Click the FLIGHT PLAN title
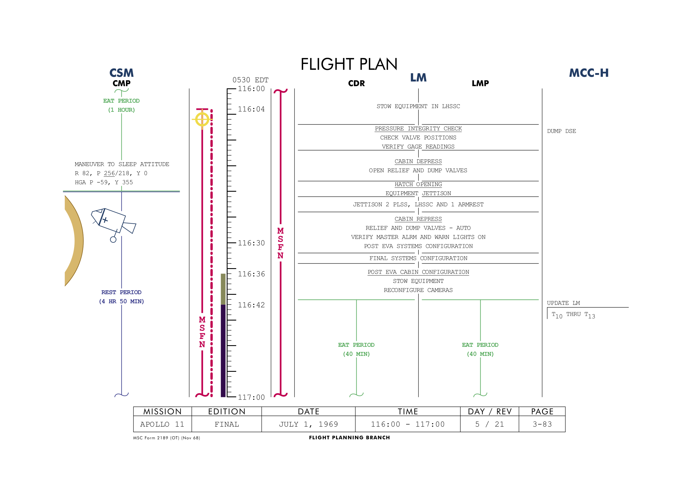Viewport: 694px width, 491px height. click(x=349, y=64)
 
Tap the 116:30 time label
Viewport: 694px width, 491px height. click(x=251, y=243)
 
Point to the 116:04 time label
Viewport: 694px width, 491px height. click(x=251, y=109)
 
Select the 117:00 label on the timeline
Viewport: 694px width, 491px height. click(x=251, y=397)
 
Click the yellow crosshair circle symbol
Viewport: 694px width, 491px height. click(x=202, y=119)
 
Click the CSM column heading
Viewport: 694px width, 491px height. click(x=121, y=73)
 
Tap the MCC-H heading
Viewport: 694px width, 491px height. click(x=588, y=73)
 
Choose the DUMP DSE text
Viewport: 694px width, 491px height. click(x=561, y=131)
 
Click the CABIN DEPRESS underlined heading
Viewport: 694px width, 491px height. click(x=418, y=161)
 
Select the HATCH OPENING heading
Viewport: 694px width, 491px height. click(x=418, y=184)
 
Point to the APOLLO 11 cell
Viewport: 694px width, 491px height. click(x=162, y=424)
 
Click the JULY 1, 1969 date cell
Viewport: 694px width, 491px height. click(x=308, y=424)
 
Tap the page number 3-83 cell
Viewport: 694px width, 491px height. click(x=542, y=424)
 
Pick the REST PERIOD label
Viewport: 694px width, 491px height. click(x=121, y=292)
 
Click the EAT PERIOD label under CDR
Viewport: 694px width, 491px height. click(x=356, y=345)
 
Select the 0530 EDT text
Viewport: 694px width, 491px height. click(x=250, y=80)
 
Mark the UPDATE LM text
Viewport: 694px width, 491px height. click(x=563, y=303)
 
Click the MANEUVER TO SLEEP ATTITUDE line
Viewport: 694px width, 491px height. click(x=122, y=164)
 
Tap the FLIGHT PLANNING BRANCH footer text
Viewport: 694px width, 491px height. click(x=350, y=437)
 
